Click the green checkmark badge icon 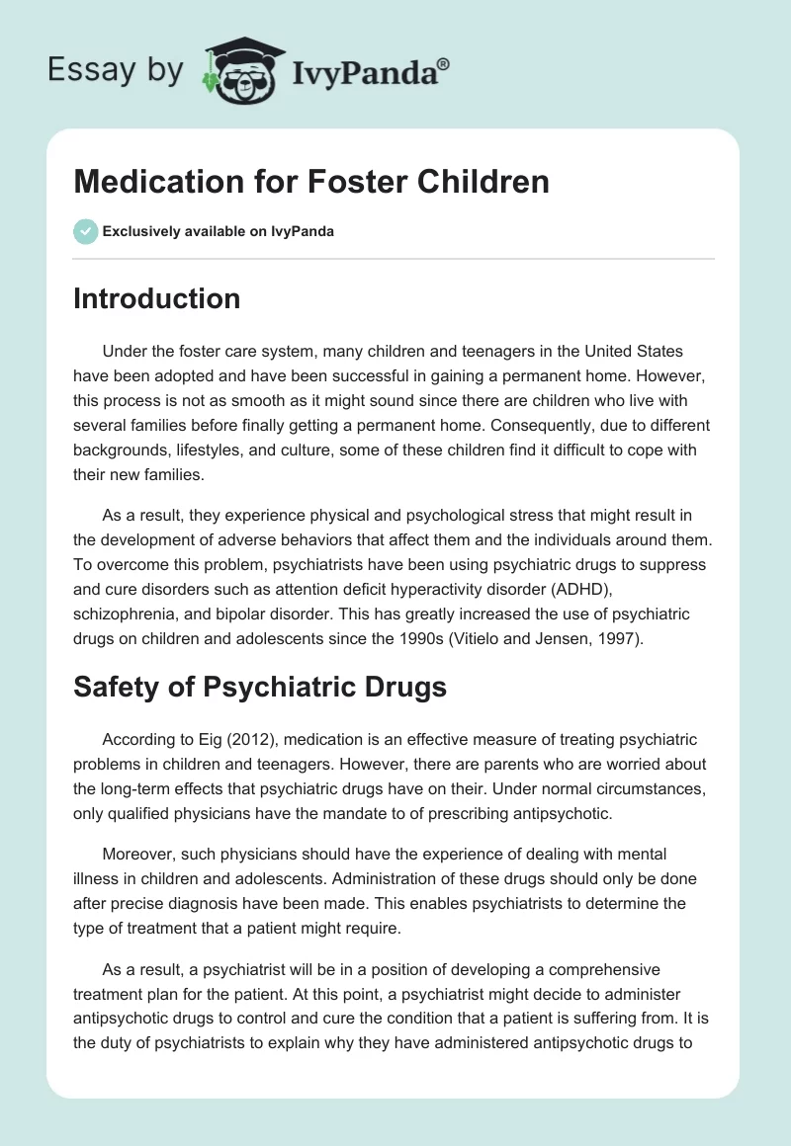pos(85,231)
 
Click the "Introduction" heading pos(156,298)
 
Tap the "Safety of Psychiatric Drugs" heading pos(259,687)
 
